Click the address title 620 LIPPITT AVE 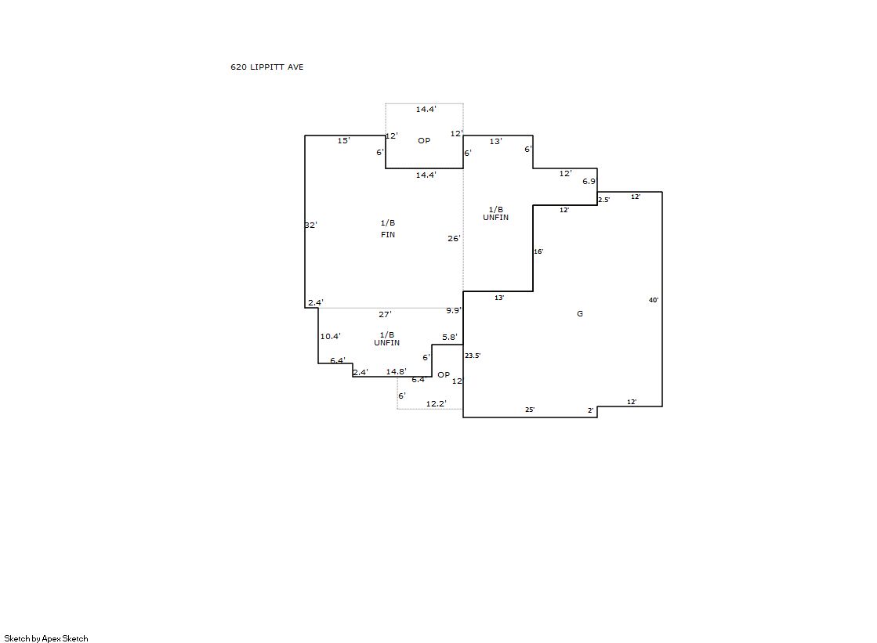tap(266, 67)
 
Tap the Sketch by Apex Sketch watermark tap(46, 638)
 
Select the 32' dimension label tap(311, 226)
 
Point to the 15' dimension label tap(343, 141)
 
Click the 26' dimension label tap(454, 239)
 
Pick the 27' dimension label tap(385, 315)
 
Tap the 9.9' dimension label tap(454, 310)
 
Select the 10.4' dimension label tap(330, 337)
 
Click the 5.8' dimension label tap(450, 337)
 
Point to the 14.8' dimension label tap(396, 372)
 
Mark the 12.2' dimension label tap(437, 403)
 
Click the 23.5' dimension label tap(473, 356)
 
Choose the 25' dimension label tap(530, 410)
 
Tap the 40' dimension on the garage tap(654, 300)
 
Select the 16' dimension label tap(538, 251)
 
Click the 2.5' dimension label tap(604, 200)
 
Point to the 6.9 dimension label tap(589, 182)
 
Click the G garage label tap(580, 314)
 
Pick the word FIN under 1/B tap(388, 235)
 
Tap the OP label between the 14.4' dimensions tap(424, 140)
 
